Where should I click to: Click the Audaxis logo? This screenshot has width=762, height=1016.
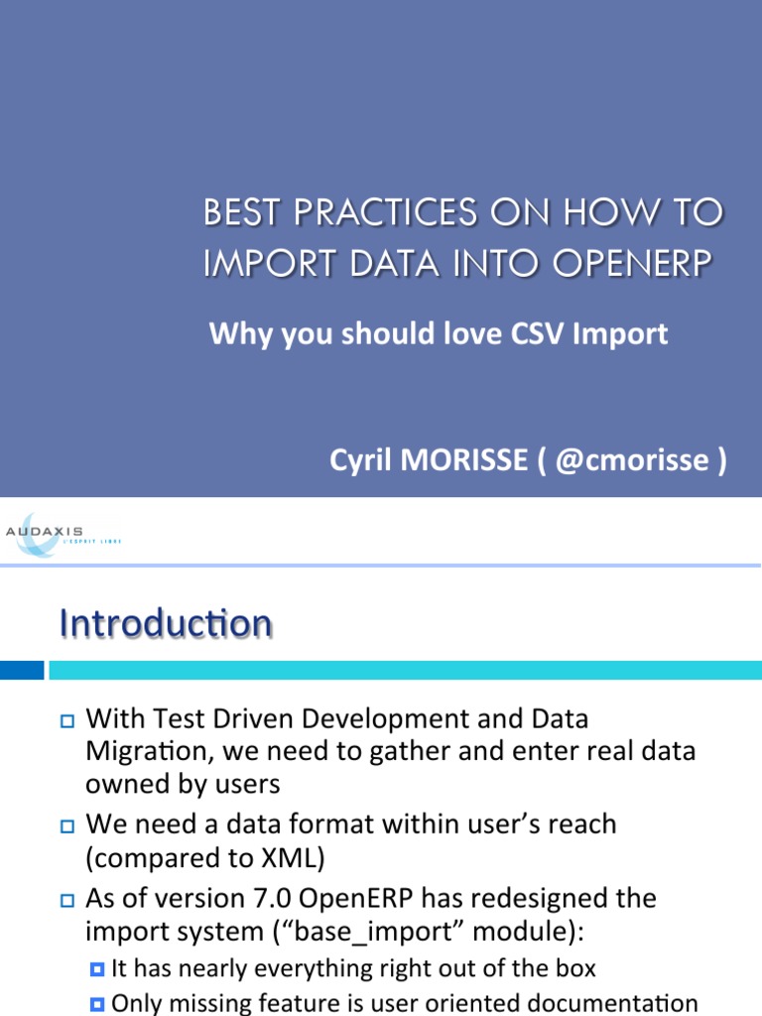62,534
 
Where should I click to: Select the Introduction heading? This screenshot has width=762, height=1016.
166,624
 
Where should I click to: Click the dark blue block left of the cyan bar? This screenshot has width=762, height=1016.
22,671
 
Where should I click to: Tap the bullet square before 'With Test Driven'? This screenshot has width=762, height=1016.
66,719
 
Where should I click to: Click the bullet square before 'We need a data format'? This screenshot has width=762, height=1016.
66,825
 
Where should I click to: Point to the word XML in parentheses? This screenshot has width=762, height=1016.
287,858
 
